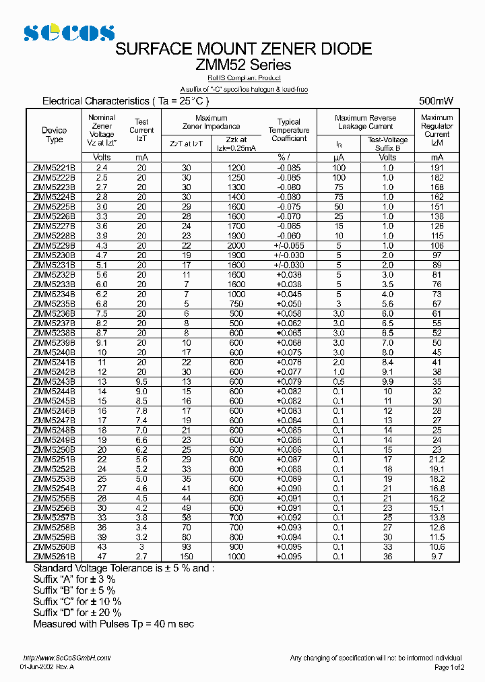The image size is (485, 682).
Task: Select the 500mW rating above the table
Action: click(436, 100)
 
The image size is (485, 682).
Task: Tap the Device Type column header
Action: click(55, 135)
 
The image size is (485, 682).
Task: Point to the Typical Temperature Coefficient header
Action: click(289, 130)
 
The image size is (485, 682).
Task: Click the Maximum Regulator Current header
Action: click(437, 130)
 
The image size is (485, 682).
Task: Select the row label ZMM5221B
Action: click(55, 167)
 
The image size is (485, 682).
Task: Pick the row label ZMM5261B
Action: click(55, 557)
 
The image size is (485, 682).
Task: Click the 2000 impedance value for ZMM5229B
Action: click(236, 245)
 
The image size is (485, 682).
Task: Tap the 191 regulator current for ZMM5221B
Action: click(437, 167)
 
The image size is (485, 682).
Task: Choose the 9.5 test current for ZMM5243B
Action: click(141, 381)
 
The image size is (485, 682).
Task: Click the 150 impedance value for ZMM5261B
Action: click(187, 557)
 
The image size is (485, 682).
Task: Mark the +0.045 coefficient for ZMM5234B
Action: click(289, 294)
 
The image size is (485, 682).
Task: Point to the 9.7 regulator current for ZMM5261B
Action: click(437, 557)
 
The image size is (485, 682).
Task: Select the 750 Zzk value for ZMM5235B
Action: click(236, 304)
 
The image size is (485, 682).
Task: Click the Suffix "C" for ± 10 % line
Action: click(77, 601)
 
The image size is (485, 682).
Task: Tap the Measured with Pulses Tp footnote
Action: click(113, 624)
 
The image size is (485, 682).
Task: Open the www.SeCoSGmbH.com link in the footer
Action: click(66, 658)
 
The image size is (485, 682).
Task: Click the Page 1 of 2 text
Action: click(449, 667)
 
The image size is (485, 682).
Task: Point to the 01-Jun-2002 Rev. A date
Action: click(47, 666)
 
